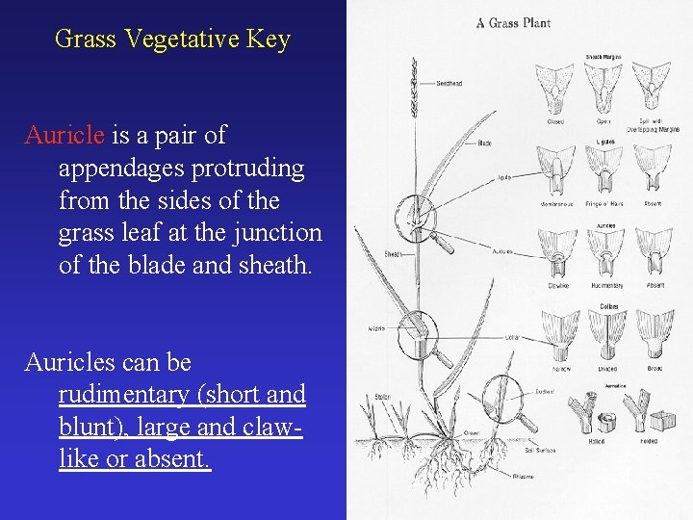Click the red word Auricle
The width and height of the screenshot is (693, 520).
click(65, 135)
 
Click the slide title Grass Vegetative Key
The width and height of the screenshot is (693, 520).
click(172, 39)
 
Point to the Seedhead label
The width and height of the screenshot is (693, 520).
click(449, 84)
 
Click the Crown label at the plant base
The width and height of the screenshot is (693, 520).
click(471, 432)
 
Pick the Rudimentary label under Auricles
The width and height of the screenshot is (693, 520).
click(606, 286)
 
